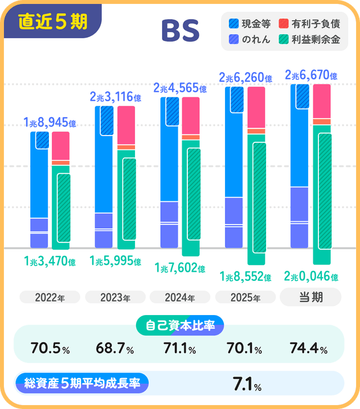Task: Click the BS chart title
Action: click(180, 32)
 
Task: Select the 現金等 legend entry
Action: click(250, 24)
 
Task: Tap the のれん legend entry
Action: click(250, 39)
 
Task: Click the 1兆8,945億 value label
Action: click(49, 123)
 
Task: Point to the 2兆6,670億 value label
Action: click(311, 75)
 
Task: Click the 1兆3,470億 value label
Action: click(49, 260)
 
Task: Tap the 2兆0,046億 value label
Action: click(311, 276)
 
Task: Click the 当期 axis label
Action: click(311, 297)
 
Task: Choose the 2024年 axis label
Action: click(180, 298)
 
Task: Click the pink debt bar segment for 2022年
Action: click(60, 146)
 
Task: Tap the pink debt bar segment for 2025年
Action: click(256, 107)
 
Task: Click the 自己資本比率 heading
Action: click(180, 325)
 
